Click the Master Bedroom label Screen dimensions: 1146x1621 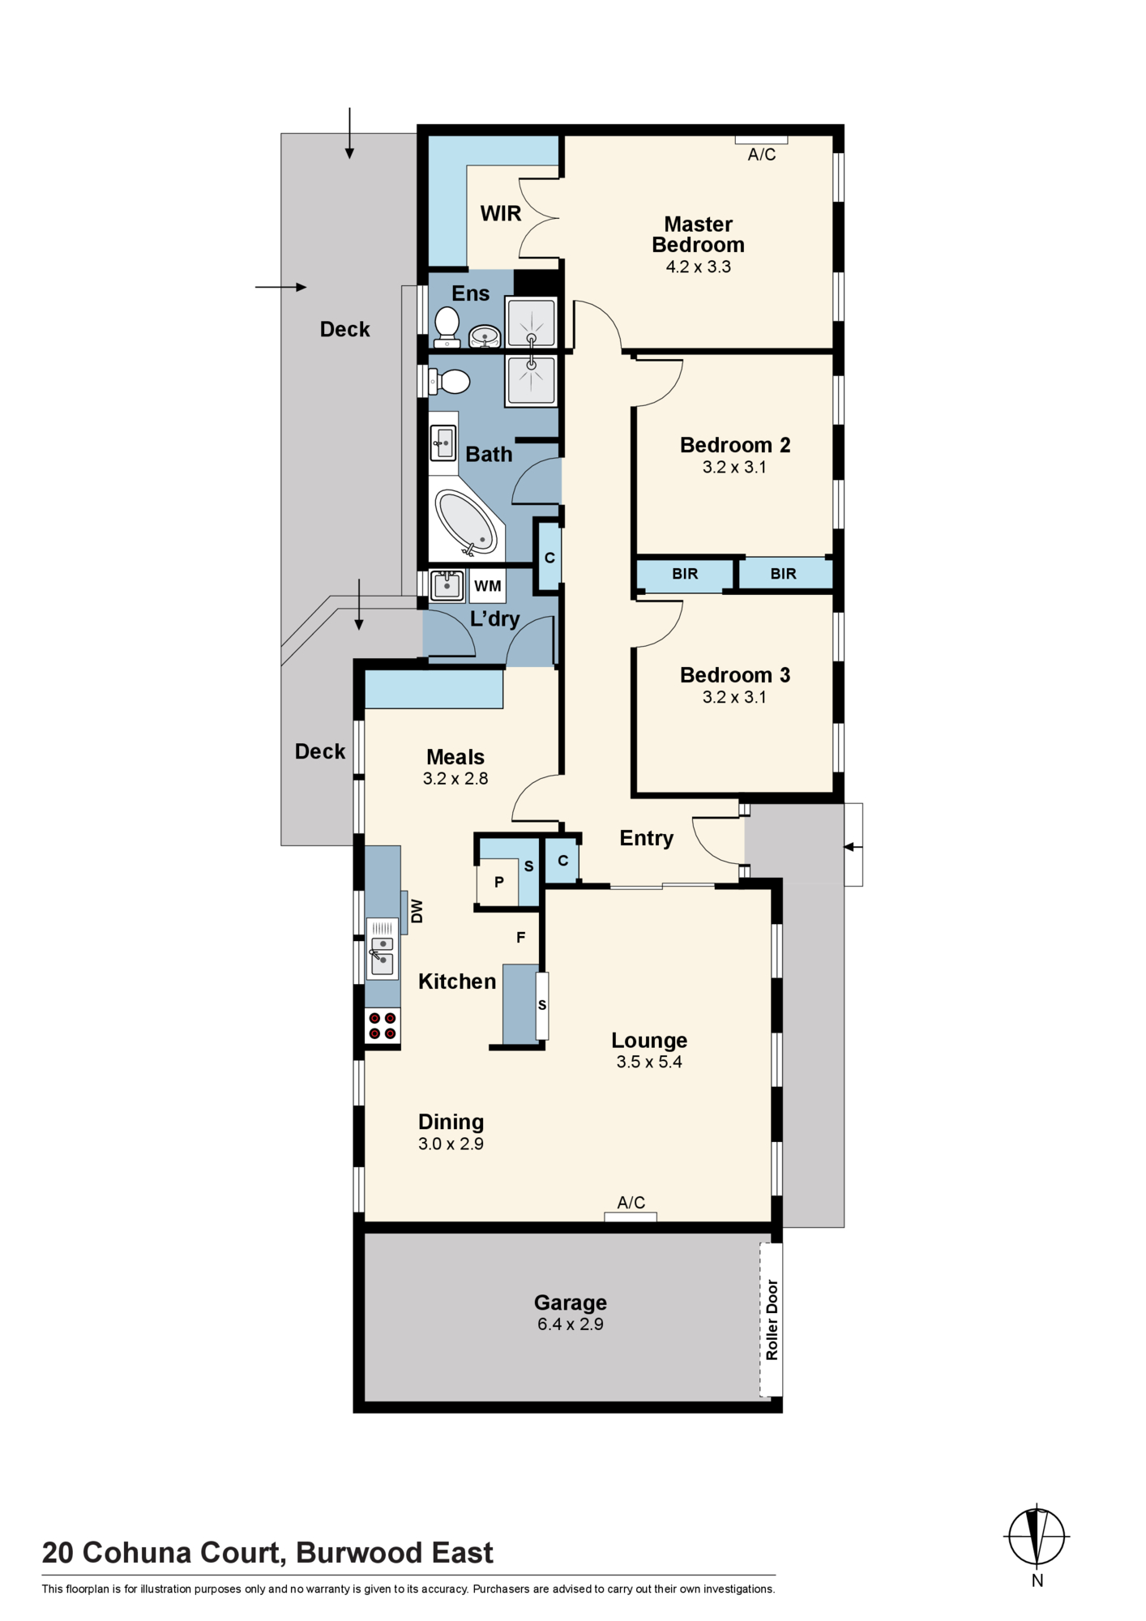coord(698,234)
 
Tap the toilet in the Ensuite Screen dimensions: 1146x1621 coord(447,327)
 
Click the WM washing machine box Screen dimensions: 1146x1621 coord(488,586)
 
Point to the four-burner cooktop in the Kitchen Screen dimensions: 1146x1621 coord(383,1025)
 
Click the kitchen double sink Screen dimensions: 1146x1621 coord(382,948)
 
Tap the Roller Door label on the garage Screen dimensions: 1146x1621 coord(772,1319)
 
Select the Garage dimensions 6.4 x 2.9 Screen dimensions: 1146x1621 coord(571,1324)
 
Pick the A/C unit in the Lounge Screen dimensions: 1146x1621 coord(631,1217)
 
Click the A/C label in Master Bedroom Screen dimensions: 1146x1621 coord(762,155)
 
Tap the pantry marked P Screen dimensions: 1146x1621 coord(498,882)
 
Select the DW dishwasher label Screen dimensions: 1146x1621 coord(417,911)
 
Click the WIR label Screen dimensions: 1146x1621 coord(501,214)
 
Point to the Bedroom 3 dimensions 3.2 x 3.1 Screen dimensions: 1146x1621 coord(734,697)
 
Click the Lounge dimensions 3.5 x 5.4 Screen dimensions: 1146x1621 coord(649,1062)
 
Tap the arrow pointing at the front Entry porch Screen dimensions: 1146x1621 coord(853,847)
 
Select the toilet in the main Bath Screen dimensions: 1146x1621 coord(449,381)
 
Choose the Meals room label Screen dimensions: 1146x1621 coord(455,757)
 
